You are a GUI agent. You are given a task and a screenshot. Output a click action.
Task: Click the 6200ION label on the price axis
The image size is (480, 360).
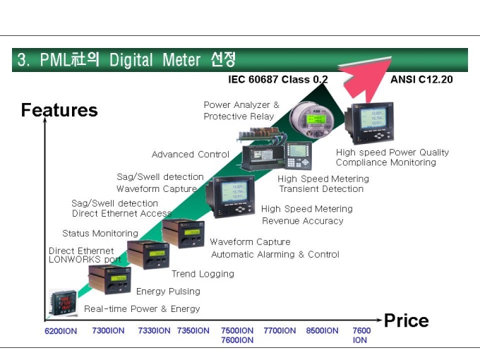point(61,331)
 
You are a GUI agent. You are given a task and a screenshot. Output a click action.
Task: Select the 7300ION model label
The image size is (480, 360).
point(109,330)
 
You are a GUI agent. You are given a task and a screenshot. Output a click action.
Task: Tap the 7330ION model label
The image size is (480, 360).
point(154,330)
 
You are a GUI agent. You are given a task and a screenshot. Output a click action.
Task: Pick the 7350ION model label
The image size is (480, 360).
point(193,330)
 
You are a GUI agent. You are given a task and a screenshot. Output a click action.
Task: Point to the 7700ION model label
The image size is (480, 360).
point(280,330)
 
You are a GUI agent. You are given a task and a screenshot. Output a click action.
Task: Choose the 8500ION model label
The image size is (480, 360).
point(322,330)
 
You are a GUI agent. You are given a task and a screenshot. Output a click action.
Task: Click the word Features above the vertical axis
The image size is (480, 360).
point(59,110)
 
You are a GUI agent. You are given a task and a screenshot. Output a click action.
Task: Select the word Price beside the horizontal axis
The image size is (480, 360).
point(406,320)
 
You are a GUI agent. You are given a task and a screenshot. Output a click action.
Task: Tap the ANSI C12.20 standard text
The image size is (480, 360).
point(421,80)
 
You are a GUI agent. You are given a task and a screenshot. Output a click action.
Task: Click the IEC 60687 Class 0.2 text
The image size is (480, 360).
point(278,80)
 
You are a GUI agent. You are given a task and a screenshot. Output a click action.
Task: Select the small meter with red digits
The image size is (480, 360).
point(64,303)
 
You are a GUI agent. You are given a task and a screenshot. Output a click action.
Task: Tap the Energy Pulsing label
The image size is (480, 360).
point(168,291)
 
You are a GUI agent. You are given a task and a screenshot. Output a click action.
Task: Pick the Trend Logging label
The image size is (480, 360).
point(203,274)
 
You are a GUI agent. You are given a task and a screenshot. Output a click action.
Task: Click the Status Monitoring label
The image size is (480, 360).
point(100,233)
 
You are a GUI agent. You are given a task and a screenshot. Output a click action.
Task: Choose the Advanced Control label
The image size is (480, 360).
point(191,155)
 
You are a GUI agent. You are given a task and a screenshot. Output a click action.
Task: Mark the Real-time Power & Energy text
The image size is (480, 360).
point(142,308)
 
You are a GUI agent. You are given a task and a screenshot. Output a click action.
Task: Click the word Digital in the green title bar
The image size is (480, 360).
point(131,60)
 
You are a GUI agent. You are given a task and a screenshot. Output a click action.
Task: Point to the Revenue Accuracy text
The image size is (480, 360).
point(303,221)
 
